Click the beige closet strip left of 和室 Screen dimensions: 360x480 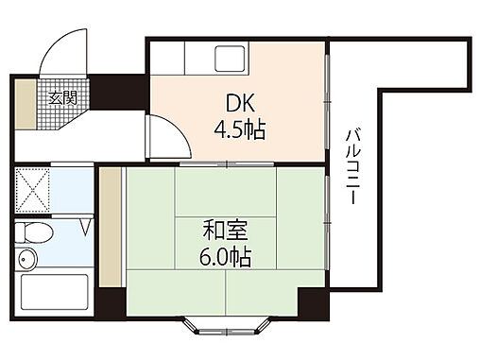click(111, 228)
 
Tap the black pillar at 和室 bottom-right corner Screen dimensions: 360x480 click(312, 305)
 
